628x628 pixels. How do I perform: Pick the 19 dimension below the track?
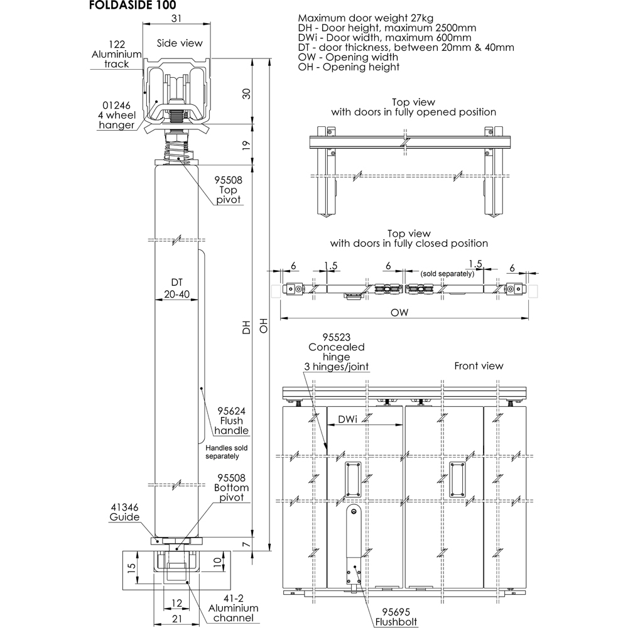246,143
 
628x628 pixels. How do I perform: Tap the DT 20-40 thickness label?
176,288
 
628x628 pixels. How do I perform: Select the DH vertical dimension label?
246,328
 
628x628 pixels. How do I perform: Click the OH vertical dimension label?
264,328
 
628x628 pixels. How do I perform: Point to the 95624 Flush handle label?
231,421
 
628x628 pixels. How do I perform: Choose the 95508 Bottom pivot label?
231,487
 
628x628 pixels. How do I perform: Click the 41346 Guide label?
124,512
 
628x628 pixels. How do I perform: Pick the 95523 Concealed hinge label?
337,352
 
